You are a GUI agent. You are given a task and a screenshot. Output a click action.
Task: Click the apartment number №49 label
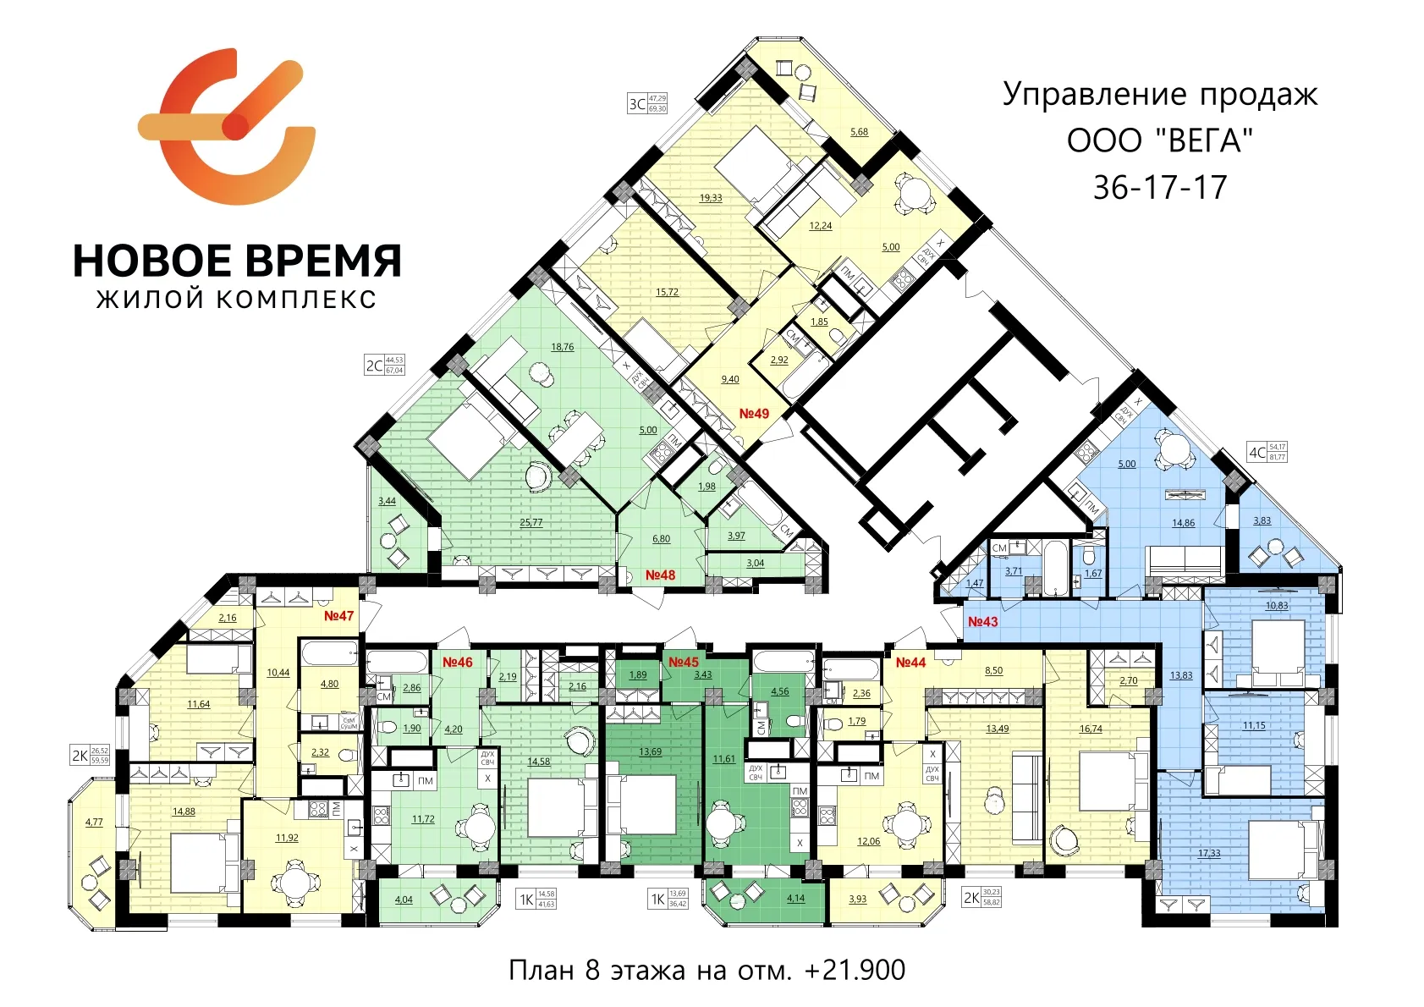pyautogui.click(x=754, y=413)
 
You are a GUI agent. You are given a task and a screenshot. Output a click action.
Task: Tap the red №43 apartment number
pyautogui.click(x=982, y=621)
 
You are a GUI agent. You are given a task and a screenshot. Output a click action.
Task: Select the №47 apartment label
pyautogui.click(x=338, y=615)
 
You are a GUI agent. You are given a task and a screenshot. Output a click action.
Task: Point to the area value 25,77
pyautogui.click(x=531, y=522)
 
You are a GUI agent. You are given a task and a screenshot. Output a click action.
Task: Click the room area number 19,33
pyautogui.click(x=711, y=198)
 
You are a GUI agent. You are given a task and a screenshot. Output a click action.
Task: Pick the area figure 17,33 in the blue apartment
pyautogui.click(x=1209, y=853)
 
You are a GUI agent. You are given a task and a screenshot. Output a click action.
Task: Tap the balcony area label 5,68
pyautogui.click(x=859, y=131)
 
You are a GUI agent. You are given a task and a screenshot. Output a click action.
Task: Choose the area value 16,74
pyautogui.click(x=1091, y=729)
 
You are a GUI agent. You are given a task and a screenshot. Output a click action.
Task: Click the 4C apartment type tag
pyautogui.click(x=1257, y=452)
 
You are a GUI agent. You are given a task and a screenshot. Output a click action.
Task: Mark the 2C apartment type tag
pyautogui.click(x=373, y=366)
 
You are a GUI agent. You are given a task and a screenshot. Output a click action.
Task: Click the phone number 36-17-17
pyautogui.click(x=1159, y=187)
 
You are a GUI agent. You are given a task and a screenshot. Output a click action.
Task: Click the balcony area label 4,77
pyautogui.click(x=94, y=821)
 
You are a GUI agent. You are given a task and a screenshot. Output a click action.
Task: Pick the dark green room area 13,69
pyautogui.click(x=650, y=751)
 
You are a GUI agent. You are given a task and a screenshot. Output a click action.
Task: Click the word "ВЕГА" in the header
pyautogui.click(x=1205, y=140)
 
